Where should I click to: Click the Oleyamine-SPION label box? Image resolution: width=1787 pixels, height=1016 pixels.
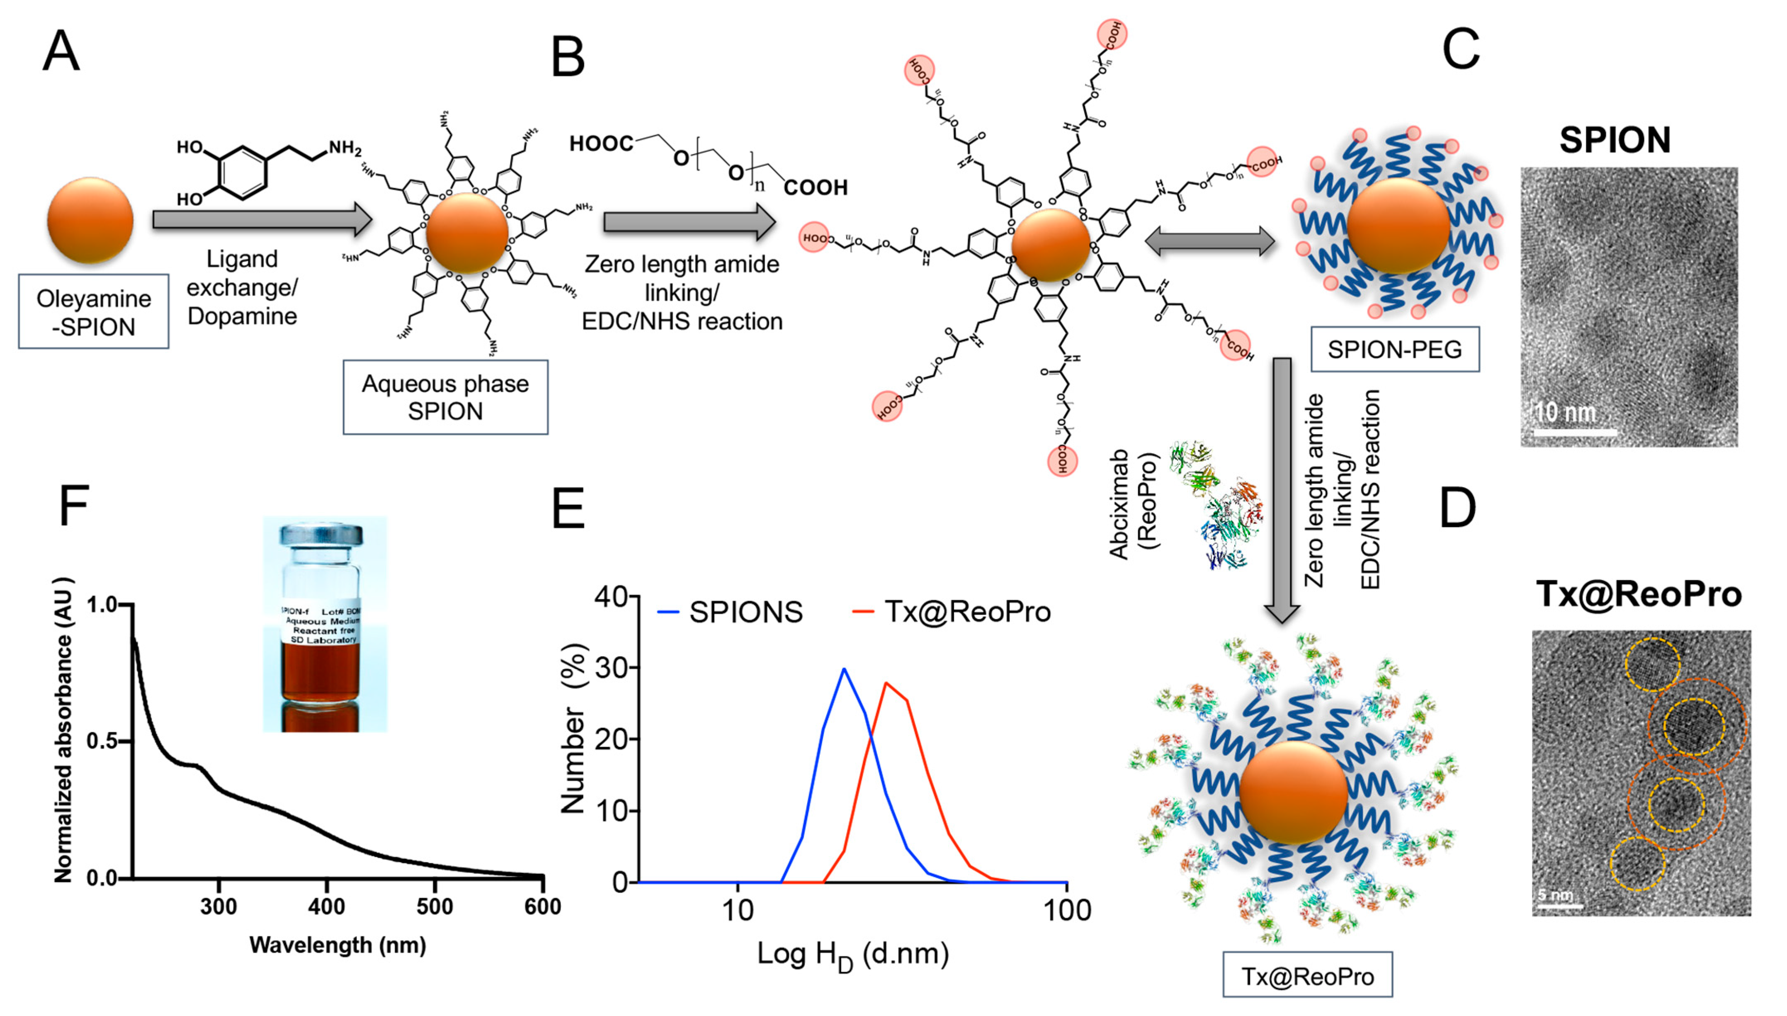click(x=93, y=312)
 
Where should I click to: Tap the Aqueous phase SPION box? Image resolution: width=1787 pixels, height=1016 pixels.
click(x=445, y=397)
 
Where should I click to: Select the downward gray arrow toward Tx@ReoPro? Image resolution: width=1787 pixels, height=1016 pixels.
click(x=1282, y=489)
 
